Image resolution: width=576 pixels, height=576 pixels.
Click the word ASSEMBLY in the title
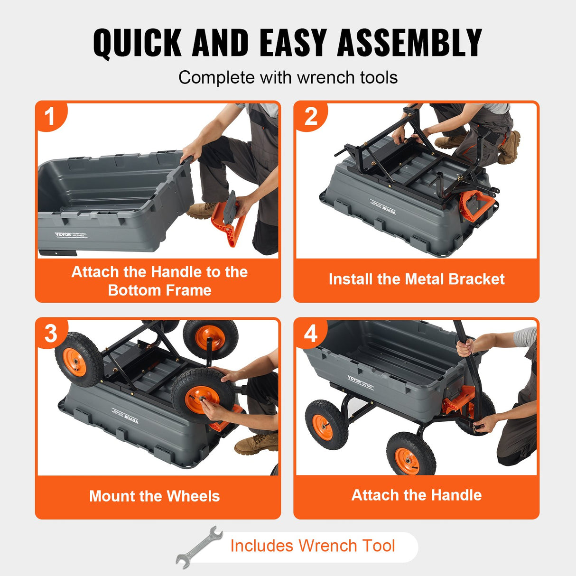point(409,43)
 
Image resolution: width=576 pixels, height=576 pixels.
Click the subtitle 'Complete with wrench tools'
point(288,77)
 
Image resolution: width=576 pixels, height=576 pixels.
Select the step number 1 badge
point(50,116)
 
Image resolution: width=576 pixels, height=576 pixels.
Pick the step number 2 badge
point(310,116)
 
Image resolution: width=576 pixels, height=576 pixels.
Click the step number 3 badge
point(51,333)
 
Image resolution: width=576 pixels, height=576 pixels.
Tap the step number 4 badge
point(310,333)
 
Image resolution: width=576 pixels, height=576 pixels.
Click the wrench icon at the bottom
point(199,547)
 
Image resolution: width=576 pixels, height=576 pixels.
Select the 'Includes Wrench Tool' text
point(312,546)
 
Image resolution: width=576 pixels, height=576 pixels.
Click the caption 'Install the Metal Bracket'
point(416,279)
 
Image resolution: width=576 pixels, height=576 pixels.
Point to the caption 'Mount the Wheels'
point(154,496)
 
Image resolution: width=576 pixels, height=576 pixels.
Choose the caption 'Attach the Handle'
point(416,495)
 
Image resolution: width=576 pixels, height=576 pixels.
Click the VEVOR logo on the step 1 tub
point(63,235)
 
